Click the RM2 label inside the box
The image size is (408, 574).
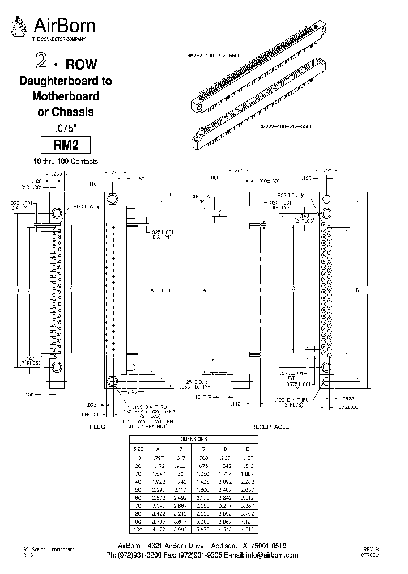tap(65, 145)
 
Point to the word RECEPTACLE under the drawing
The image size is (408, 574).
tap(270, 426)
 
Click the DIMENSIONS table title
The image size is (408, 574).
tap(193, 439)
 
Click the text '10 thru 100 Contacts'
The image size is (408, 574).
tap(65, 161)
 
